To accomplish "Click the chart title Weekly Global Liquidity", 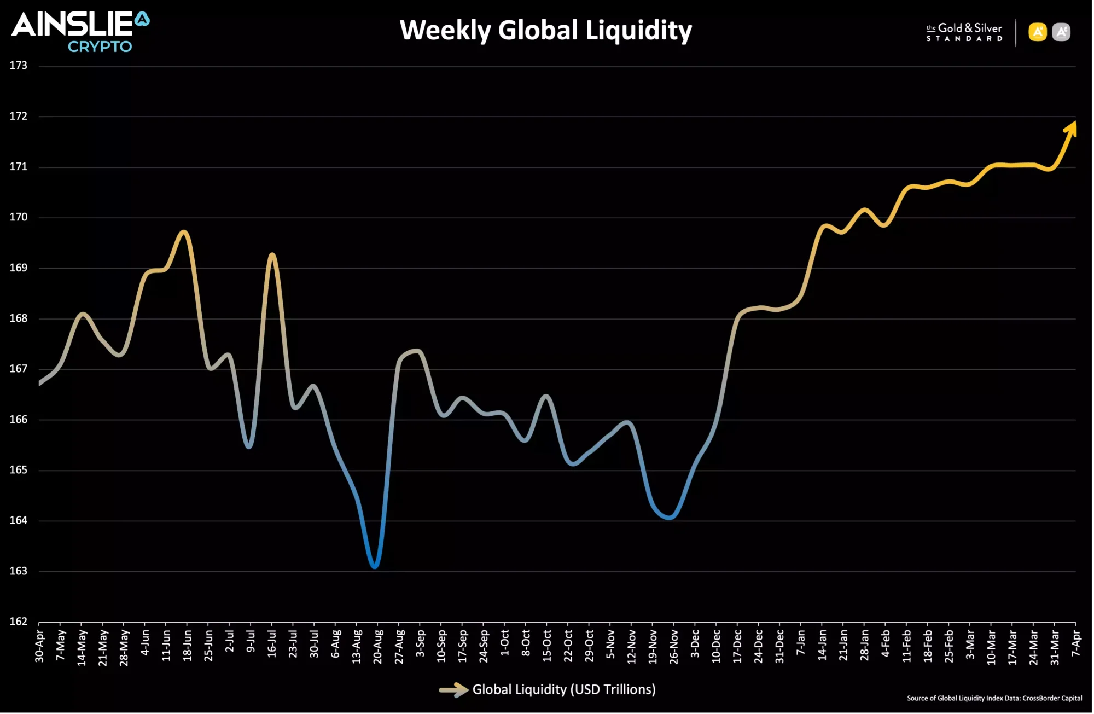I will tap(545, 31).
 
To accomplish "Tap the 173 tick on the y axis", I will tap(18, 66).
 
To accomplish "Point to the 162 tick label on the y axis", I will tap(18, 622).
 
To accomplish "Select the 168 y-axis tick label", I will tap(18, 318).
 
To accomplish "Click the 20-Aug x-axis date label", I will tap(377, 647).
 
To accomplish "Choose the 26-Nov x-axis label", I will tap(674, 647).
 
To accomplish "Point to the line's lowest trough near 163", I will tap(375, 566).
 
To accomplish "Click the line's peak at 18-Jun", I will tap(184, 232).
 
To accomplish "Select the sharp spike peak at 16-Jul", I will tap(272, 255).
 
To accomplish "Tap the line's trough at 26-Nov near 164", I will tap(670, 517).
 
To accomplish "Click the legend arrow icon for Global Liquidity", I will tap(453, 690).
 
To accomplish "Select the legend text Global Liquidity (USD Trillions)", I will tap(564, 690).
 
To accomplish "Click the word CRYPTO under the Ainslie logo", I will tap(100, 47).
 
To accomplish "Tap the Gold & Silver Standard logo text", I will tap(964, 32).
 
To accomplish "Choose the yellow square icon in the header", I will tap(1037, 32).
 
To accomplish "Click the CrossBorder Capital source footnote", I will tap(994, 698).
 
